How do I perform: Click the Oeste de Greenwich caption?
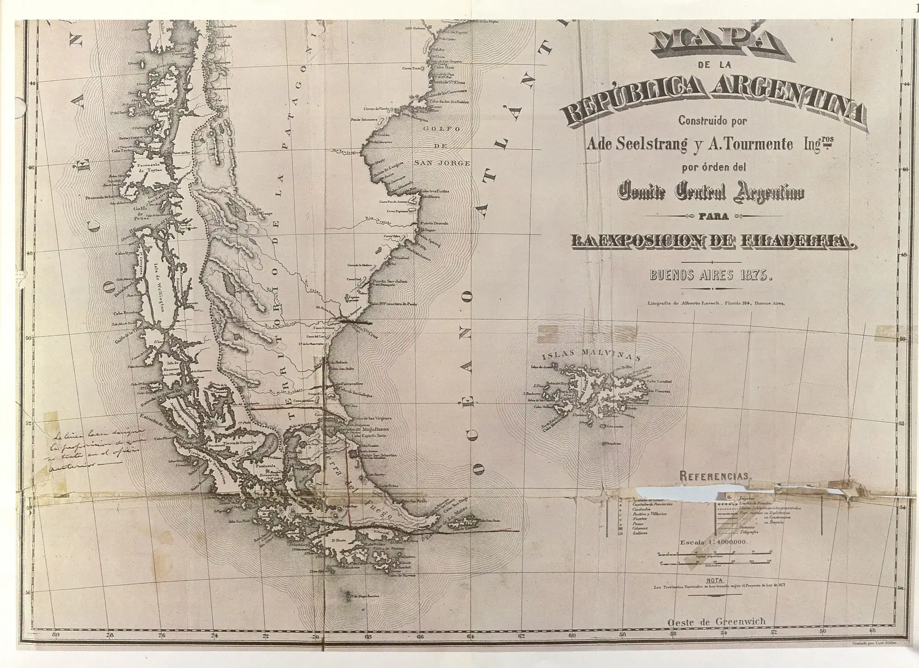[716, 622]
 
